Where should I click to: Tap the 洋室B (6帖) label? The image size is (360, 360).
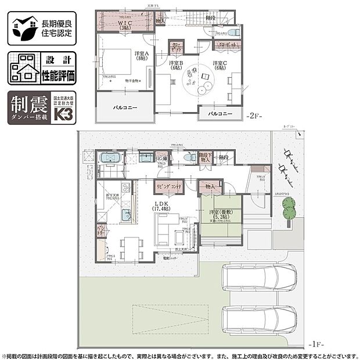(x=176, y=66)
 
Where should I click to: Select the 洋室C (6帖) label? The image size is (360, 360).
(x=219, y=66)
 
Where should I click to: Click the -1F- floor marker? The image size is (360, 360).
(x=343, y=343)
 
